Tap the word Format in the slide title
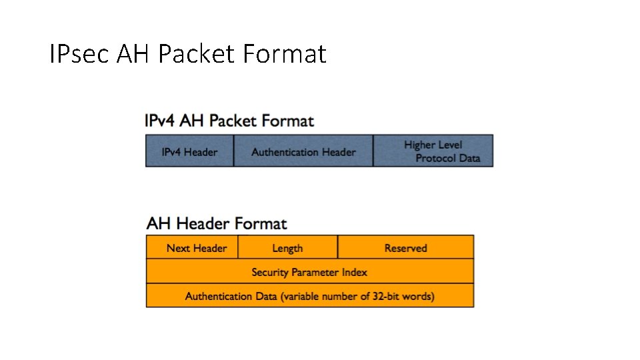tap(285, 54)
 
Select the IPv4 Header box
tap(189, 151)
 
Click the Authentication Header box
tap(303, 151)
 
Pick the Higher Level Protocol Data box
tap(433, 151)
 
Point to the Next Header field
tap(196, 248)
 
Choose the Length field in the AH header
tap(287, 248)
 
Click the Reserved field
tap(405, 248)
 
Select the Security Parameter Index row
tap(309, 272)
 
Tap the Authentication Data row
tap(309, 296)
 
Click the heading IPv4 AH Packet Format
tap(229, 121)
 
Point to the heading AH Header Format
tap(217, 223)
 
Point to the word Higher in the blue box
tap(420, 145)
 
